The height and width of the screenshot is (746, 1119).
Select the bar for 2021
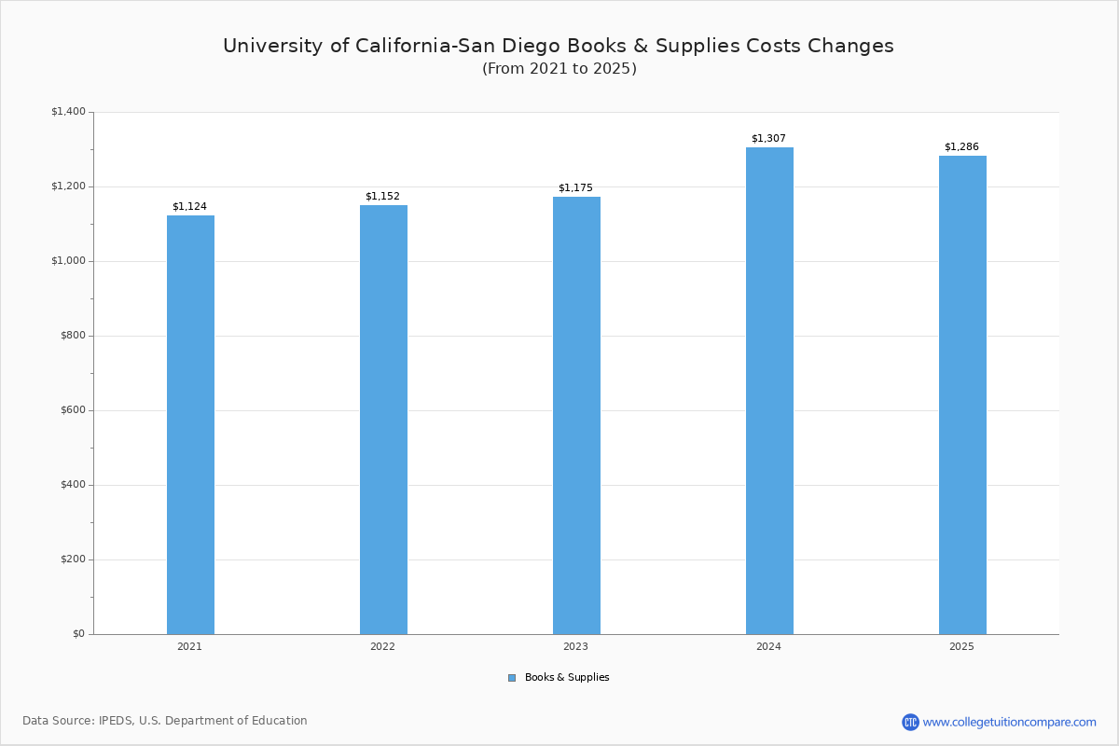190,424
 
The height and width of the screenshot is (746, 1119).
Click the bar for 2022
383,420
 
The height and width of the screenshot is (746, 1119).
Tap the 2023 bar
576,415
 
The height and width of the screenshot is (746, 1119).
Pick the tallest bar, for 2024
769,391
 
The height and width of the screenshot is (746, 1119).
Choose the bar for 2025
962,394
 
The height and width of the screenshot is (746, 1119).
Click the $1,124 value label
189,206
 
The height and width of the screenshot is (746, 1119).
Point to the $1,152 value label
382,196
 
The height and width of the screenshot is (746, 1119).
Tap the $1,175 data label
575,187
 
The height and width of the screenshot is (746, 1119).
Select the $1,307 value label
768,138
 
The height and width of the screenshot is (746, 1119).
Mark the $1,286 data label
961,146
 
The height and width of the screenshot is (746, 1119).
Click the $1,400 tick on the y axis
68,112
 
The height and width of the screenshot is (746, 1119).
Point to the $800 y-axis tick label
73,336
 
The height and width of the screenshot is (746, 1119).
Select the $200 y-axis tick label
73,559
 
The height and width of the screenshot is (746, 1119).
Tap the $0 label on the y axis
78,634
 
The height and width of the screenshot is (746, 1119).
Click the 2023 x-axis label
575,646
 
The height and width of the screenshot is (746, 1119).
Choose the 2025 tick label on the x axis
961,646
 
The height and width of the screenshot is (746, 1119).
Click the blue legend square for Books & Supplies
512,678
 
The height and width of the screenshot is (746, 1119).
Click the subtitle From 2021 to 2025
559,69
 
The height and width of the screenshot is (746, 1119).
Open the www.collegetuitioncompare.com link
1009,722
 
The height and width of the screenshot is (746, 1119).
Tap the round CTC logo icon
910,722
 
